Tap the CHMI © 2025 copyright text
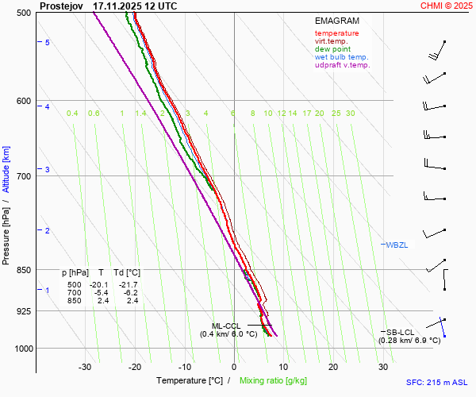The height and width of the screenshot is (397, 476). [446, 6]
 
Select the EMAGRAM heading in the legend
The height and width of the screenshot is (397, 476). [336, 21]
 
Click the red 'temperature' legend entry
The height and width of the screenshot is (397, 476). [336, 33]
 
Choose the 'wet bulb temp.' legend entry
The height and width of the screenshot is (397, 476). [341, 57]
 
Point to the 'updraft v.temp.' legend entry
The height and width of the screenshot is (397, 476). [342, 65]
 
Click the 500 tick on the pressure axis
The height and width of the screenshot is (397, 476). [22, 13]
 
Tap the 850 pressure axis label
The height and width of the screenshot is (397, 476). [22, 270]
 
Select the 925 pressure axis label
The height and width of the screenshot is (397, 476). [22, 311]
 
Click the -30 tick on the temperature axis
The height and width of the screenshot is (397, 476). [86, 367]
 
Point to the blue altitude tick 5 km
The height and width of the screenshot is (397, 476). [48, 42]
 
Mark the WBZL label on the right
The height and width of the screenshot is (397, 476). [397, 245]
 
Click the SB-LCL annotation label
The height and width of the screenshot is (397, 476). [399, 332]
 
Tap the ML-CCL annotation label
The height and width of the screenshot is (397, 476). [226, 326]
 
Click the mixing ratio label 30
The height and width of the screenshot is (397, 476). [350, 114]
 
